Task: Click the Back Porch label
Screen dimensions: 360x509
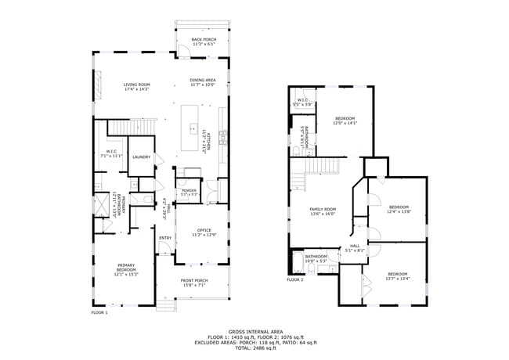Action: [x=203, y=41]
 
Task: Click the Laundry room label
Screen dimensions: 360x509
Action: [x=141, y=157]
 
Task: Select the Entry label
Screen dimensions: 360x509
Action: [x=165, y=238]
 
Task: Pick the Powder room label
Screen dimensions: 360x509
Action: [x=189, y=192]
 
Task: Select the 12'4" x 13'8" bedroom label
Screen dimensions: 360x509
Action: [x=399, y=209]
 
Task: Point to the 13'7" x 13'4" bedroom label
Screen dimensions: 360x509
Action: [x=398, y=276]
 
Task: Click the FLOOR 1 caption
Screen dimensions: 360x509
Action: [x=99, y=312]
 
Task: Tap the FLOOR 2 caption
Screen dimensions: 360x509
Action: [x=294, y=279]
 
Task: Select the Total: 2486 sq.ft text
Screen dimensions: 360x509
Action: [x=255, y=347]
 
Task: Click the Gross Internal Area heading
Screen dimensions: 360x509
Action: [x=255, y=331]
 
